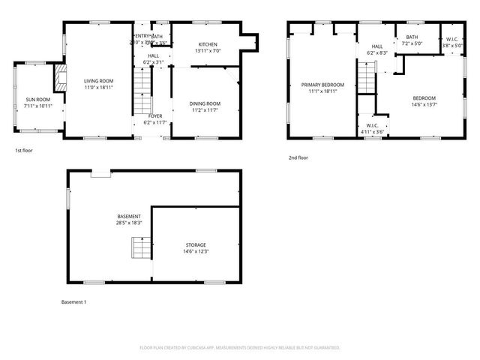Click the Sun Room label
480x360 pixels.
pos(38,99)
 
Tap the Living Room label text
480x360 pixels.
pos(98,80)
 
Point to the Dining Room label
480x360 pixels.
pos(204,103)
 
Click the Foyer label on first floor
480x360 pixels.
pos(153,116)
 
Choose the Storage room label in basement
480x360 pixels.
pos(196,244)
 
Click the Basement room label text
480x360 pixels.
pos(128,216)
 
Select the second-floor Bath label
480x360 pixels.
pos(412,37)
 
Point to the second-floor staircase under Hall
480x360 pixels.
pos(365,78)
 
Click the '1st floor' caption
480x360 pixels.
pos(24,150)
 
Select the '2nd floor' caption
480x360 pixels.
pos(298,157)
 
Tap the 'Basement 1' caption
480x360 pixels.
pos(74,302)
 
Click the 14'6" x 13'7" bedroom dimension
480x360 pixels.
pos(424,104)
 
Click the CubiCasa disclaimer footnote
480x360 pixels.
pos(240,348)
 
